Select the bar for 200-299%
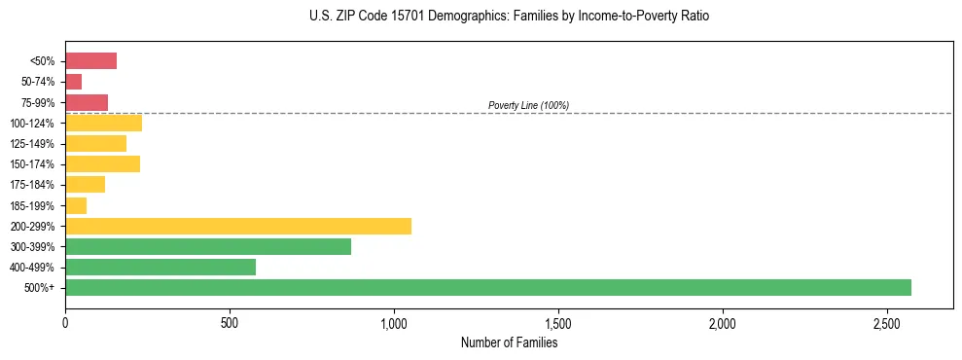coord(238,226)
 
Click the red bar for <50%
coord(91,61)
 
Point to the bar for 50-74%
coord(74,82)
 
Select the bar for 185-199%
coord(76,205)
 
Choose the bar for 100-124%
coord(104,123)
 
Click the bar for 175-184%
coord(86,185)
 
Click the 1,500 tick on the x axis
coord(558,322)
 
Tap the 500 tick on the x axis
coord(230,322)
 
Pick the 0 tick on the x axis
coord(65,322)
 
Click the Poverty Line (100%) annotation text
coord(528,105)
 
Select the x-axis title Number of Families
coord(509,342)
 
